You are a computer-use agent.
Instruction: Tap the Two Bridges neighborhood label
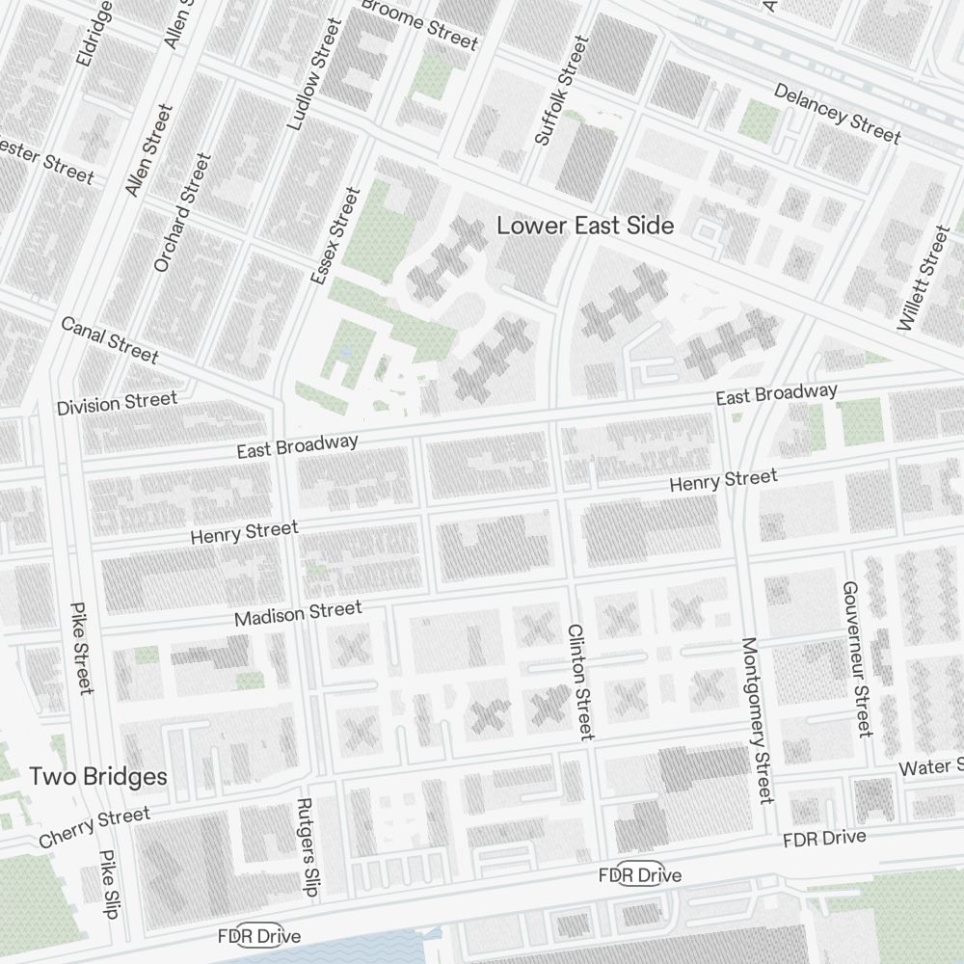pyautogui.click(x=97, y=776)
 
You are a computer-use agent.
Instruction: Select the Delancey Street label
pyautogui.click(x=837, y=114)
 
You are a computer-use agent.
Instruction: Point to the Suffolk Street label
pyautogui.click(x=561, y=92)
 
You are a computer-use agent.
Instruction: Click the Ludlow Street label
pyautogui.click(x=314, y=75)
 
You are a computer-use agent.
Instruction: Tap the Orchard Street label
pyautogui.click(x=181, y=212)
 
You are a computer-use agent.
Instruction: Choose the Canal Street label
pyautogui.click(x=109, y=339)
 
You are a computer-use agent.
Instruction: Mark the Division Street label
pyautogui.click(x=117, y=403)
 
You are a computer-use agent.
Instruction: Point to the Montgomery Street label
pyautogui.click(x=758, y=719)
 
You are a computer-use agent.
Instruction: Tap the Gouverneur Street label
pyautogui.click(x=856, y=658)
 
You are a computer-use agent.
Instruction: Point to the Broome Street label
pyautogui.click(x=419, y=24)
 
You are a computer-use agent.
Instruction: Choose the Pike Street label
pyautogui.click(x=82, y=648)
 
